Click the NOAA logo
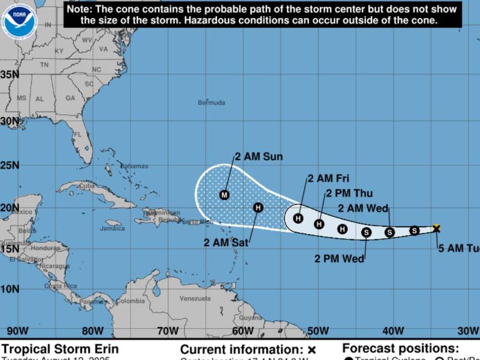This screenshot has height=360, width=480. tap(19, 20)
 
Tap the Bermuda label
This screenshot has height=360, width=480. tap(211, 103)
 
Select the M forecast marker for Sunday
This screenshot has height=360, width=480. tap(224, 194)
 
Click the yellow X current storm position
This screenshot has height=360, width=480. tap(436, 228)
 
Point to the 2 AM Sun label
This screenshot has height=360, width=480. tap(259, 157)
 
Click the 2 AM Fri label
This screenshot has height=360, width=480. tap(328, 178)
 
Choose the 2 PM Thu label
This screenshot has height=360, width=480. tap(349, 193)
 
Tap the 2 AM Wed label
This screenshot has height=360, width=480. tap(363, 208)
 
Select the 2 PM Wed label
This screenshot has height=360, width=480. tap(339, 259)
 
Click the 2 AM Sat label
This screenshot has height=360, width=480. tap(226, 242)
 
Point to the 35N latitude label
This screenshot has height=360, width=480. tap(9, 74)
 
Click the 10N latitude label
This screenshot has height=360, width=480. tap(9, 289)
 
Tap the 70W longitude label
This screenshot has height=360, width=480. tap(167, 331)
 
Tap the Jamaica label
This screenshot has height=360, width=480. tap(112, 229)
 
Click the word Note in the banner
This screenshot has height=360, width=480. tap(80, 10)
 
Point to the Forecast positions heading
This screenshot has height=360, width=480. tap(400, 348)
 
